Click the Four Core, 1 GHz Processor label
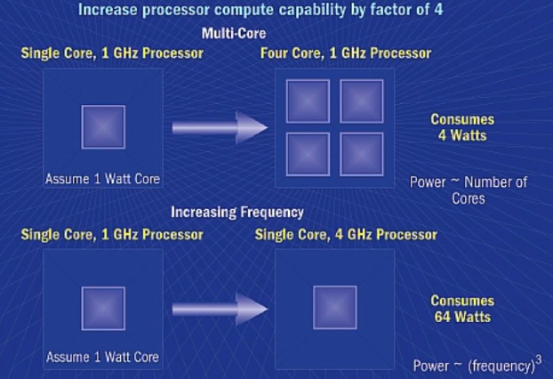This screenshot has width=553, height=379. [346, 52]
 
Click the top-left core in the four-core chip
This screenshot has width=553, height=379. [308, 101]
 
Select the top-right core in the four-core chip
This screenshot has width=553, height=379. [361, 101]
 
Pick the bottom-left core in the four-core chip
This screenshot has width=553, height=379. [308, 154]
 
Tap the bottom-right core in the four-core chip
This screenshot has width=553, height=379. [361, 154]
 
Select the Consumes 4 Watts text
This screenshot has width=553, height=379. [462, 127]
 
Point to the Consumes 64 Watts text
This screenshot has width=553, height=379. [462, 309]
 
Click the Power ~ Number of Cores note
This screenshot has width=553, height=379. [468, 190]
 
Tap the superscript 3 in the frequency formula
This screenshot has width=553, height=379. [539, 359]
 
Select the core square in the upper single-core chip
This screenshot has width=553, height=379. [103, 126]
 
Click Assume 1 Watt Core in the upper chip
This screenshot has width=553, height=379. [102, 179]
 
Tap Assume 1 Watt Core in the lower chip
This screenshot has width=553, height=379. [102, 358]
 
